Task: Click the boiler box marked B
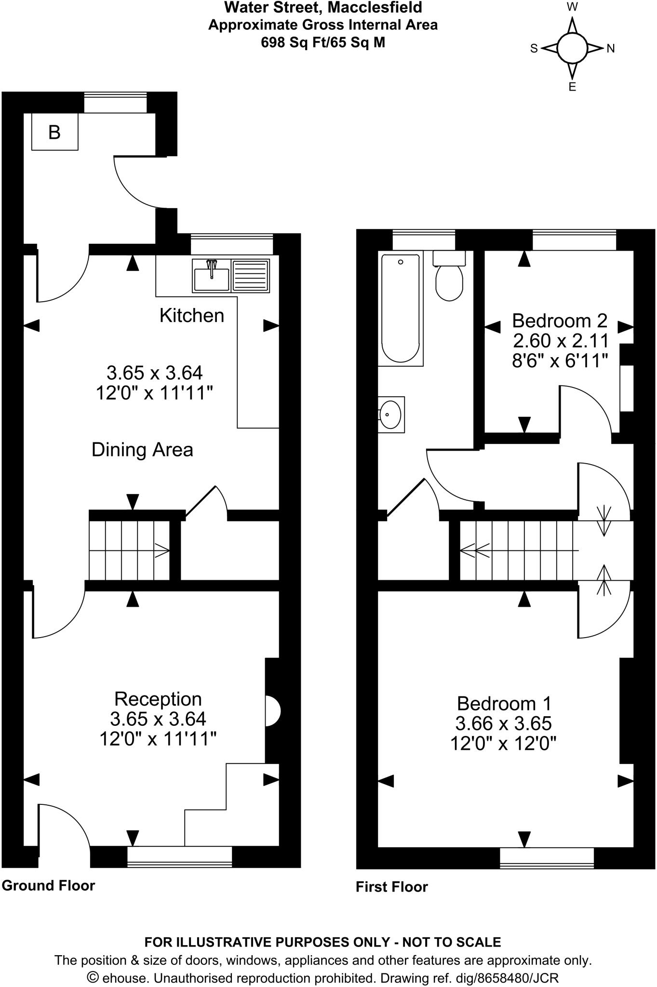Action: click(54, 132)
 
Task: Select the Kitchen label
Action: click(192, 316)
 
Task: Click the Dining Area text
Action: click(142, 450)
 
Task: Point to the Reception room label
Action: click(158, 699)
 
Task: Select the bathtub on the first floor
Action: click(400, 308)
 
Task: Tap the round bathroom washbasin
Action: click(390, 414)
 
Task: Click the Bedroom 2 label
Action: click(559, 320)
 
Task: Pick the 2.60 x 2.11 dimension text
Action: click(561, 341)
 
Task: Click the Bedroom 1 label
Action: click(504, 704)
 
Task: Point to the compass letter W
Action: click(572, 7)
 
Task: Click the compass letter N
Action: click(610, 49)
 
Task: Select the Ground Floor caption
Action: click(48, 885)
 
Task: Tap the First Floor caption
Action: click(391, 887)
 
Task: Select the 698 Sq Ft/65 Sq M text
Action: click(322, 42)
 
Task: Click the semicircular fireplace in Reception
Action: click(272, 710)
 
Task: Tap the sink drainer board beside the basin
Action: click(251, 276)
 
